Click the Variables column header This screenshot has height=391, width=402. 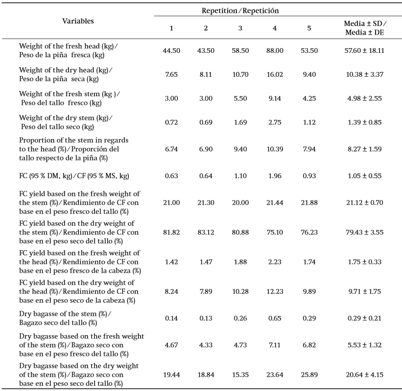78,21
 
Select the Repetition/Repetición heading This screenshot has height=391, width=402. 240,10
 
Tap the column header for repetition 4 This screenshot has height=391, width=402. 275,28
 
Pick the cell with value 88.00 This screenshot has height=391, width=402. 275,51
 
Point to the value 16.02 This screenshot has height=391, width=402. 275,75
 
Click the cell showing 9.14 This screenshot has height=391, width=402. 275,98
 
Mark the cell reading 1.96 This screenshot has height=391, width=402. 275,176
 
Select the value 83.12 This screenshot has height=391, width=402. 206,232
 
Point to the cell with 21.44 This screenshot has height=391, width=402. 275,202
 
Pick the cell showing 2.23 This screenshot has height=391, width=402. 275,262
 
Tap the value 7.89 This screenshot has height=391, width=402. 206,292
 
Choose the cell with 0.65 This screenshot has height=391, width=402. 275,319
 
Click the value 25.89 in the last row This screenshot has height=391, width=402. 309,375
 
